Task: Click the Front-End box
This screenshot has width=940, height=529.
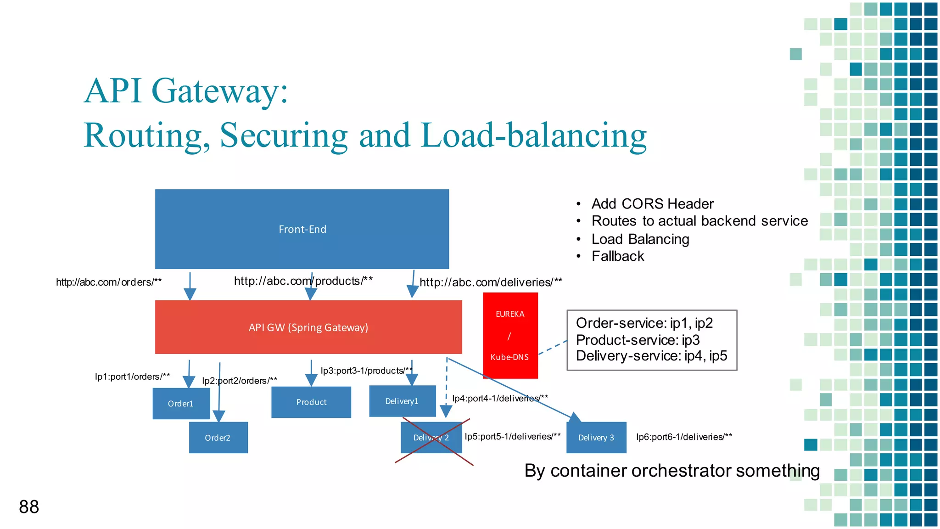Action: pos(302,229)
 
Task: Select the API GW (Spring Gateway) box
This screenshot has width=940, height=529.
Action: pos(308,327)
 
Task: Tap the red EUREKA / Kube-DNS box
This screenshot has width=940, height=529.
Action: pos(510,335)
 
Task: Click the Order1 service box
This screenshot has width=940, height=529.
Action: pos(181,404)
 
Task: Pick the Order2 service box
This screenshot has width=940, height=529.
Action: pos(218,438)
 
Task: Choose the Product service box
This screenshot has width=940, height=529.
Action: pos(311,402)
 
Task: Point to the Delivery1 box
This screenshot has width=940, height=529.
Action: pos(403,401)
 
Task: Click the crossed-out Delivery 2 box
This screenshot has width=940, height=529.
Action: pos(431,438)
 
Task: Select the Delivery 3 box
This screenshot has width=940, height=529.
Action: pos(596,438)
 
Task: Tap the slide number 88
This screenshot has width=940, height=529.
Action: pos(29,507)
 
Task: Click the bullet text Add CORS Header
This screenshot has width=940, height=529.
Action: pos(652,203)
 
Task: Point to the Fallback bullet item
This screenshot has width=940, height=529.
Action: pos(618,256)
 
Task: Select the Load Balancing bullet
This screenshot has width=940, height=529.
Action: pos(640,239)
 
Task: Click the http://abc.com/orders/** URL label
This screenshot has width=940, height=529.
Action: pos(109,282)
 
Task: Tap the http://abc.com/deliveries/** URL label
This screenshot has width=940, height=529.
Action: pos(491,282)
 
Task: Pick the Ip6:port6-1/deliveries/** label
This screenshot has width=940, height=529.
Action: pos(684,437)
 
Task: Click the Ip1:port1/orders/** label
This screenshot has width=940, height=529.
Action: pos(132,377)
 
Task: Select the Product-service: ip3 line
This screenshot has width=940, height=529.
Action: pos(638,340)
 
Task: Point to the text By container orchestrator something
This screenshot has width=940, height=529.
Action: pos(672,471)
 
